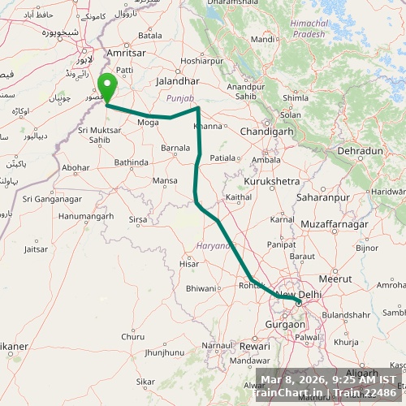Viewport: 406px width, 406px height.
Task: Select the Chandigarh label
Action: (244, 131)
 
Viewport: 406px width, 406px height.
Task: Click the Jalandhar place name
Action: (178, 82)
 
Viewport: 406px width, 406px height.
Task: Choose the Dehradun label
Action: (360, 151)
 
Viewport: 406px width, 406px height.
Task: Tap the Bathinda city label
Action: (131, 162)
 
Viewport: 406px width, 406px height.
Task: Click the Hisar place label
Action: (189, 264)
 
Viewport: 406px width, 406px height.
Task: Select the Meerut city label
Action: (335, 279)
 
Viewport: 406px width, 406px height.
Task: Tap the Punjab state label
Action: (180, 97)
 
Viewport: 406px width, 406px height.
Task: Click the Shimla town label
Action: (295, 98)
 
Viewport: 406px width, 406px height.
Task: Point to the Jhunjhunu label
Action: (164, 352)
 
